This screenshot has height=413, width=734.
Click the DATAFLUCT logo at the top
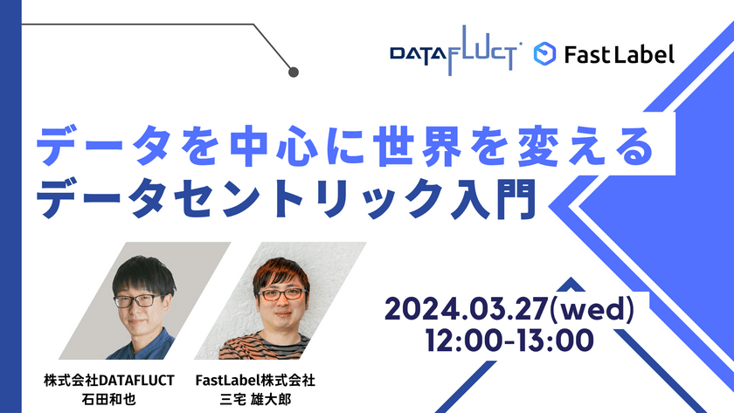456,55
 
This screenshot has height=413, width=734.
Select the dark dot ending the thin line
294,72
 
